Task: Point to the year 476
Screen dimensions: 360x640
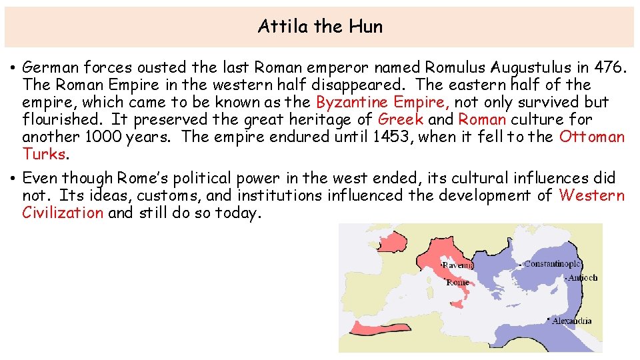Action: pos(610,67)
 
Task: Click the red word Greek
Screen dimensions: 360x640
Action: pos(400,119)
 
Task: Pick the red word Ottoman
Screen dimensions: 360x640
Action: pos(592,137)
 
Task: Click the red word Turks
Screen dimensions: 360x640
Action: pos(44,154)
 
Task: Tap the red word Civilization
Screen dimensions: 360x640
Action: pos(63,213)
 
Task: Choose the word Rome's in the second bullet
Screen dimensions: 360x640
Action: pos(144,178)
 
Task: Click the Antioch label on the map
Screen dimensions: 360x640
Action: pos(583,277)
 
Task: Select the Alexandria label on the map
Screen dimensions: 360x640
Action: pos(571,321)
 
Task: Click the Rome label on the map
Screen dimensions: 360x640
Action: pos(457,283)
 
